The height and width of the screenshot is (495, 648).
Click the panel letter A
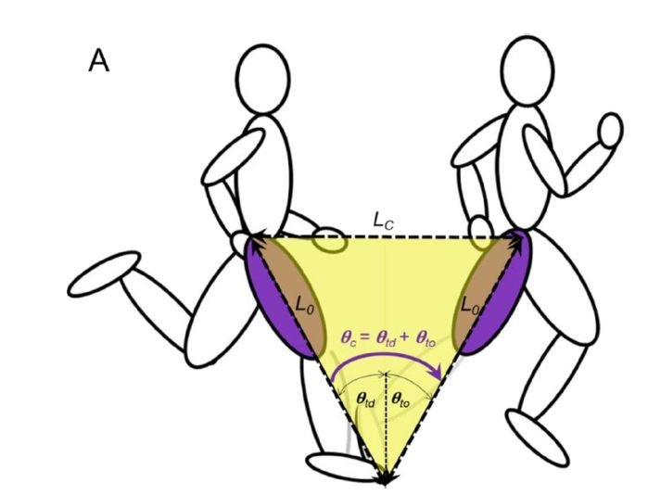[x=98, y=62]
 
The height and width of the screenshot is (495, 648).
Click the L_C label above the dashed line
[x=385, y=221]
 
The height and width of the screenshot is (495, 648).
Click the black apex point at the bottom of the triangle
[x=384, y=479]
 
